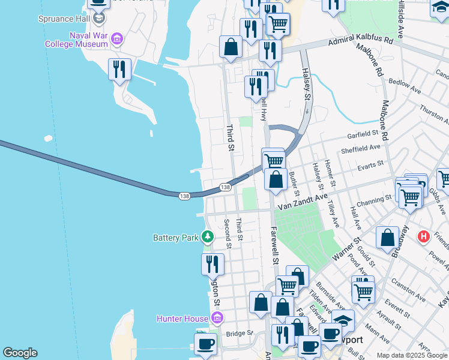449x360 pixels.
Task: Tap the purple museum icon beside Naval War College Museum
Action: point(117,40)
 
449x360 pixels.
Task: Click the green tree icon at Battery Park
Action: point(208,237)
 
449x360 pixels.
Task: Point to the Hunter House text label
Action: point(182,318)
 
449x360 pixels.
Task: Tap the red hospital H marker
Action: point(424,236)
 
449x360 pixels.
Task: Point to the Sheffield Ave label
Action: point(360,148)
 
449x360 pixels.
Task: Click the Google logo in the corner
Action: point(20,353)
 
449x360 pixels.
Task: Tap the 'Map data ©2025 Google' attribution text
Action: point(411,355)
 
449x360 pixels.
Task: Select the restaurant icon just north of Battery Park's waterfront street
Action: point(212,263)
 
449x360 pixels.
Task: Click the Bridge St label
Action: point(237,334)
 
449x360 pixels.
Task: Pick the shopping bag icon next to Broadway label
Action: point(388,237)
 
